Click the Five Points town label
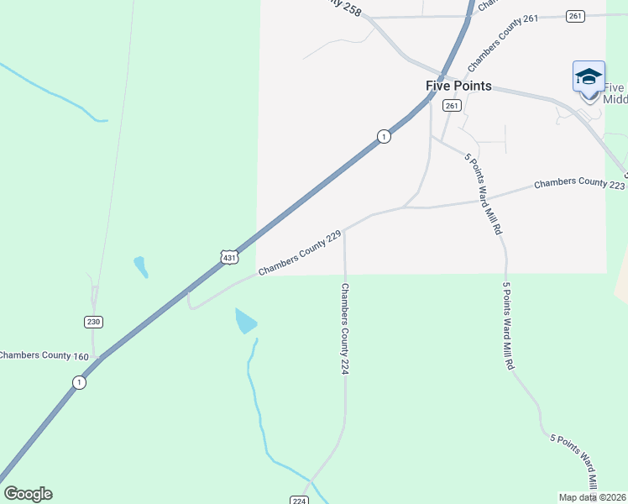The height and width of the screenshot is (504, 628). [458, 87]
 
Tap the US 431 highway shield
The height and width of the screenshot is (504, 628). [229, 257]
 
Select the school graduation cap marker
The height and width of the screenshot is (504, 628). [589, 77]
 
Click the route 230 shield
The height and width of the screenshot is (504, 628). [93, 322]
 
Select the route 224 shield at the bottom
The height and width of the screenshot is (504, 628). [300, 500]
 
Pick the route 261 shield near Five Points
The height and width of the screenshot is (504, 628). [452, 105]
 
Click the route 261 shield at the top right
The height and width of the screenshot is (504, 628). [575, 16]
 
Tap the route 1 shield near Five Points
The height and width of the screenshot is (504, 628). [383, 136]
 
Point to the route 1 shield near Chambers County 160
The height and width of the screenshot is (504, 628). [79, 382]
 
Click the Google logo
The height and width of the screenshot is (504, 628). [28, 494]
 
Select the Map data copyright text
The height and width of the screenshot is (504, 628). [593, 497]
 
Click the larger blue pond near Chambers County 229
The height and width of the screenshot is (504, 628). [246, 321]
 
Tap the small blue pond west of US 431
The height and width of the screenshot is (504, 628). [141, 267]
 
